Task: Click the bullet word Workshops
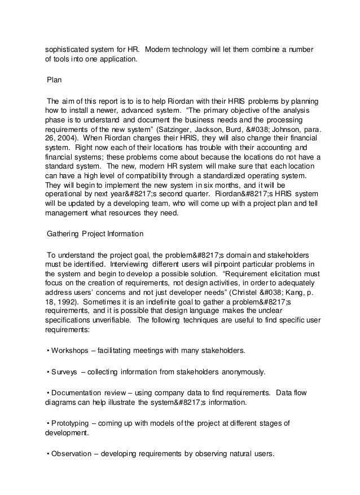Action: point(70,350)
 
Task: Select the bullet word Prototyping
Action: point(69,424)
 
